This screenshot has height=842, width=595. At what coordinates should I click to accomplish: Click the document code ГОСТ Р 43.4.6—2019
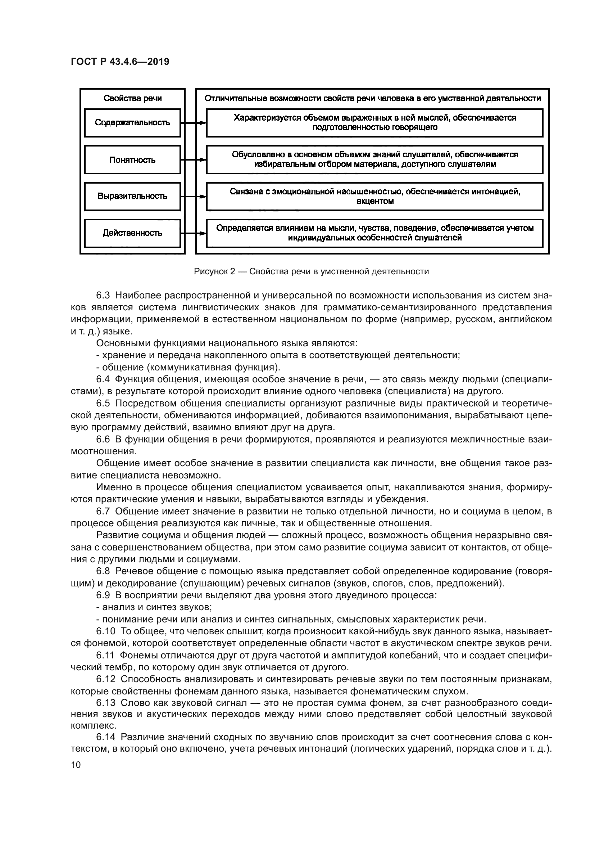tap(120, 62)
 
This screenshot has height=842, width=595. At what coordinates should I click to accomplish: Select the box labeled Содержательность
tap(132, 122)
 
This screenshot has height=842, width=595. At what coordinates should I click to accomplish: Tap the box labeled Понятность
tap(132, 160)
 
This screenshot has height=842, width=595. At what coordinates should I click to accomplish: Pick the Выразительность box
tap(132, 196)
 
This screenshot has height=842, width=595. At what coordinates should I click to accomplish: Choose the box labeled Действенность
tap(132, 233)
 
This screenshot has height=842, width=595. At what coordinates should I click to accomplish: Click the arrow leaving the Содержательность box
tap(194, 123)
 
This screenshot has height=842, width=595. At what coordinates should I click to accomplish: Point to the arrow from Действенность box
tap(194, 233)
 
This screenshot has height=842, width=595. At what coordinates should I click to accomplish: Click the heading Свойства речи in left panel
tap(132, 98)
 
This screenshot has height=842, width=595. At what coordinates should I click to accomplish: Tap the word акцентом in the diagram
tap(374, 201)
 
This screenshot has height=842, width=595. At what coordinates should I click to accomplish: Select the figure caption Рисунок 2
tap(311, 271)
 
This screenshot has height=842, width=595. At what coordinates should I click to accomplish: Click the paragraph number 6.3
tap(103, 295)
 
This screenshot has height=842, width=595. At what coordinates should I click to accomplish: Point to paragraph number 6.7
tap(103, 511)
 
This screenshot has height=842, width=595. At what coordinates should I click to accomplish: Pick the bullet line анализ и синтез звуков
tap(154, 607)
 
